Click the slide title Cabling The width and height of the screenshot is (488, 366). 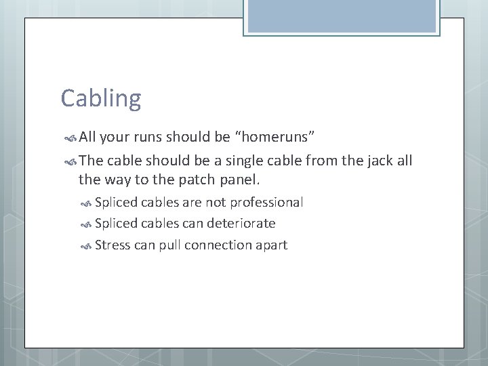point(101,99)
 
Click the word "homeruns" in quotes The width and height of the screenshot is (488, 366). point(274,138)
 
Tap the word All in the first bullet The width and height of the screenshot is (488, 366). point(88,138)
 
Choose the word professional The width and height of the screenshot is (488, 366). point(266,203)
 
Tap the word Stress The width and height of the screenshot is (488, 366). point(113,245)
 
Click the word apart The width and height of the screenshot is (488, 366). point(271,245)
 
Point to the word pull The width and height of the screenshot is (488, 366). point(169,245)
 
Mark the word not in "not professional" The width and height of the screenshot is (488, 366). point(217,203)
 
